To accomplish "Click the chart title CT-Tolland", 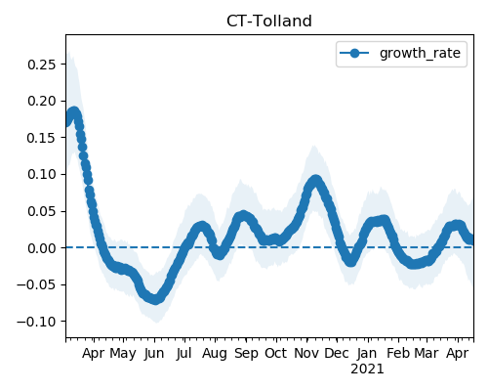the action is point(269,22).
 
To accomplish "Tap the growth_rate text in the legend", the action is point(420,53).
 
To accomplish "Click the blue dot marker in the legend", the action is point(354,53).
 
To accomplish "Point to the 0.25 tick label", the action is point(42,65).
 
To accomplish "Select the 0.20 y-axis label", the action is point(42,101).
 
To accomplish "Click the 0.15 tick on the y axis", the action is point(42,138).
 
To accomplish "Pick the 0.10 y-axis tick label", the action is point(42,174).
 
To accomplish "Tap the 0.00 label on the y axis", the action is point(42,248).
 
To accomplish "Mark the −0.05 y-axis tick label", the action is point(36,284).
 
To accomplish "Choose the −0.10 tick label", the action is point(36,322).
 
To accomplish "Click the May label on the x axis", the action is point(123,354).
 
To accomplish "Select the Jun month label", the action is point(154,354).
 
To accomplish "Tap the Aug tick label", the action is point(215,354).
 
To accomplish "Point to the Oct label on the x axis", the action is point(276,353).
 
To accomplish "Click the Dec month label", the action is point(337,353).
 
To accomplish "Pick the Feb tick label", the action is point(398,353).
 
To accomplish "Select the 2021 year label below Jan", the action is point(367,369).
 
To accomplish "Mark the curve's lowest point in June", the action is point(155,299).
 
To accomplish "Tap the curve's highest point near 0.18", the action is point(74,112).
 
